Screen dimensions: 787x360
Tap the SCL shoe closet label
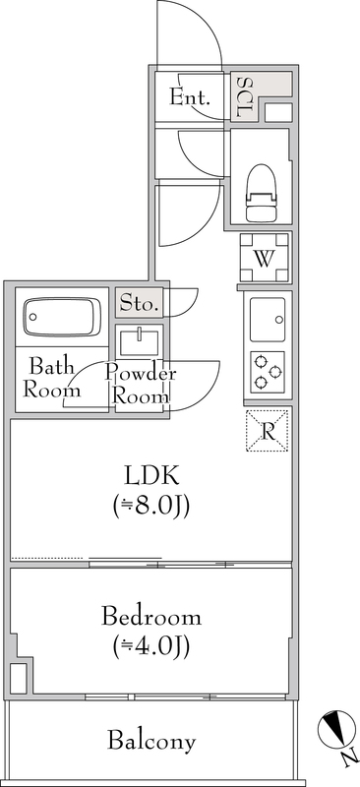click(245, 97)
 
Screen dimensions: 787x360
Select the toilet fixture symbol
click(262, 193)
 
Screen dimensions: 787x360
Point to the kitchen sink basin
click(268, 317)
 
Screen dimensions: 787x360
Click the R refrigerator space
click(267, 429)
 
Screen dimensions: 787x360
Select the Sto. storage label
click(139, 304)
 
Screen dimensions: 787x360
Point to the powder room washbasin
click(140, 343)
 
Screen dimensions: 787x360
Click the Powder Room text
click(140, 385)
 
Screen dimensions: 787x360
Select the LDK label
click(150, 477)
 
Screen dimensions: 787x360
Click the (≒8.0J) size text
click(150, 507)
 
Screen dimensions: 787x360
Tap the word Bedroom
click(151, 618)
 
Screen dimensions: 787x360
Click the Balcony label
click(151, 741)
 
